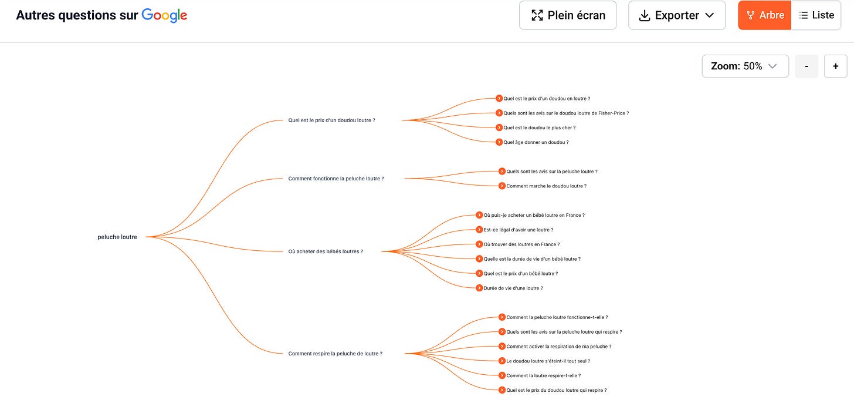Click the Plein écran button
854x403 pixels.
[567, 15]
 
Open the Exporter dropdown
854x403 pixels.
[676, 15]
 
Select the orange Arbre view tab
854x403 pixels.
[765, 15]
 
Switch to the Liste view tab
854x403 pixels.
[816, 15]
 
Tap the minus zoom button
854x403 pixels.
[806, 66]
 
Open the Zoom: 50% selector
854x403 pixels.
[745, 66]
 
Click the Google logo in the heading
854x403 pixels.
[164, 16]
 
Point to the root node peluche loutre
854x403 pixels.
[117, 237]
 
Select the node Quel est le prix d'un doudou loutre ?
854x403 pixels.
[331, 120]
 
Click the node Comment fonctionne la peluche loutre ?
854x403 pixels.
[336, 179]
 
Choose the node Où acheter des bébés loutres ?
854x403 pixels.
[326, 251]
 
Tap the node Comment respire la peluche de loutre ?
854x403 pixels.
[335, 354]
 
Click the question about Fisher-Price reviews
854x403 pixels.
[565, 113]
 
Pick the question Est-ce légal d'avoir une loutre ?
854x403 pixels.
[518, 230]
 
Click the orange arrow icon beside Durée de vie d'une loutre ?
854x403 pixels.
[479, 288]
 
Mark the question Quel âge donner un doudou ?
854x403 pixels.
[536, 142]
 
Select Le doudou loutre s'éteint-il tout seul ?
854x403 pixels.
[548, 361]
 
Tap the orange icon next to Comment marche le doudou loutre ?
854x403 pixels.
[502, 186]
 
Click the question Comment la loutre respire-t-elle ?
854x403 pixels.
[543, 375]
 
